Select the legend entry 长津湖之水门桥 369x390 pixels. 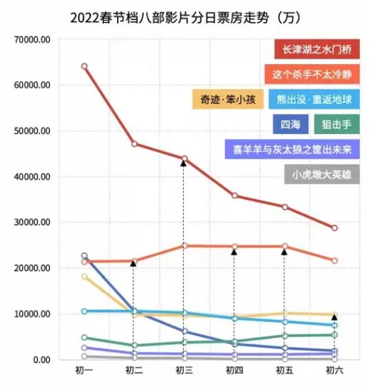pos(316,49)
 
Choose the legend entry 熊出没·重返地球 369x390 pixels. pos(313,99)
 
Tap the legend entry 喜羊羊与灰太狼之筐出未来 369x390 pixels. pos(292,149)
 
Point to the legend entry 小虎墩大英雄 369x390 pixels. pos(322,174)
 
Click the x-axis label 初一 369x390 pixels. pos(84,370)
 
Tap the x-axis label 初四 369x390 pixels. pos(234,370)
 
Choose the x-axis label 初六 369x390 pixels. pos(334,370)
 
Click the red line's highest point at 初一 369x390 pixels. pos(84,67)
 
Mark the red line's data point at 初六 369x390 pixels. pos(334,228)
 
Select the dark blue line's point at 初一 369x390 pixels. pos(84,256)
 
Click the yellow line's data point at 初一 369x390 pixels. pos(84,276)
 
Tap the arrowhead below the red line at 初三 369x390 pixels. pos(184,163)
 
